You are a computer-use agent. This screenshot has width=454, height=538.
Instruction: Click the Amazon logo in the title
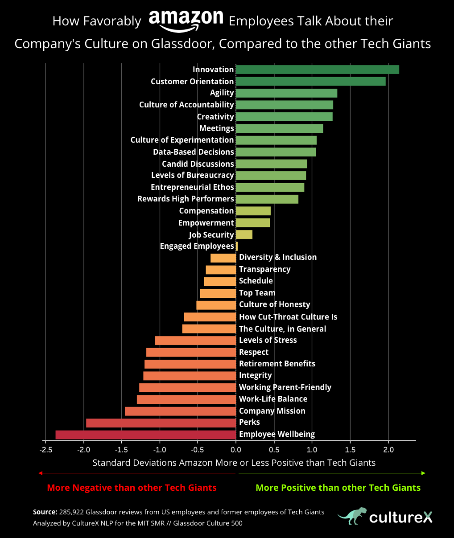coord(186,20)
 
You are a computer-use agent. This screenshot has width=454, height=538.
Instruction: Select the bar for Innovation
coord(317,70)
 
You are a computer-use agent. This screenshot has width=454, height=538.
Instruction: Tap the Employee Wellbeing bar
coord(145,435)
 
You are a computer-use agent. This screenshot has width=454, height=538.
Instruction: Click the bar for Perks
coord(161,423)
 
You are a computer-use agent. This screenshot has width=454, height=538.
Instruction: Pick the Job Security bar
coord(244,234)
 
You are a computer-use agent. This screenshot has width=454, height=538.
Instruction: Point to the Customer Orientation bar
coord(310,81)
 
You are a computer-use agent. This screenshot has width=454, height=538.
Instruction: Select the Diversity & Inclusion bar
coord(223,258)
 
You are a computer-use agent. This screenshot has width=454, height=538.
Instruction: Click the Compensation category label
coord(206,211)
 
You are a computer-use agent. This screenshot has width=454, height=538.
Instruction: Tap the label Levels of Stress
coord(268,340)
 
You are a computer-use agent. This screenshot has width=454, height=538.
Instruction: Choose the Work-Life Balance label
coord(273,399)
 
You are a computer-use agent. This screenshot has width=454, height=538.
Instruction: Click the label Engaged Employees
coord(197,246)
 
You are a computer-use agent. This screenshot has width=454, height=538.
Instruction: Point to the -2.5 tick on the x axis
coord(45,449)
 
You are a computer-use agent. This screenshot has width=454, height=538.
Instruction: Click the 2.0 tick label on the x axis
coord(388,449)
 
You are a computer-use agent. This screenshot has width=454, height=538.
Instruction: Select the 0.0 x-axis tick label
coord(236,449)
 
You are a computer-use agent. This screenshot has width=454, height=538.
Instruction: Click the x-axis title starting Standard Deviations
coord(234,463)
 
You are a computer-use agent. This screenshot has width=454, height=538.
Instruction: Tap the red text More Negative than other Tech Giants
coord(132,488)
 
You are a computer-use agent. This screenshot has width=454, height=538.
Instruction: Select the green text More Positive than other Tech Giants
coord(338,488)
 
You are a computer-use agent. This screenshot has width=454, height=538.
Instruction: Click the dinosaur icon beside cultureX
coord(352,516)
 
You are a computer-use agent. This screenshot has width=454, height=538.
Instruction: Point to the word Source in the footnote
coord(45,512)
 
